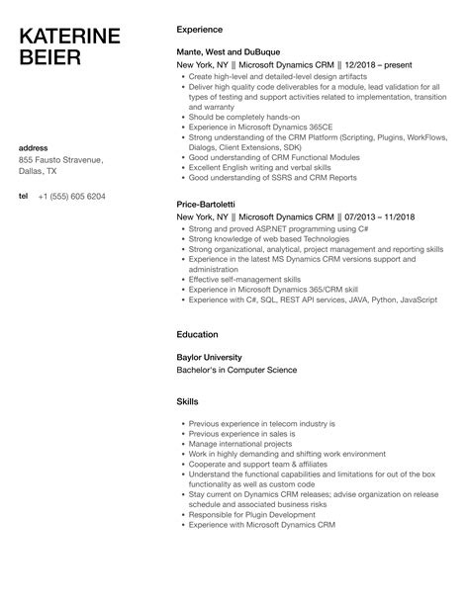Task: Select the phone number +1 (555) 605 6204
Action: (x=71, y=196)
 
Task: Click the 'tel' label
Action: (x=24, y=196)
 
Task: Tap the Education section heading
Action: (x=197, y=334)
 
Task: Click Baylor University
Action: (x=210, y=357)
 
